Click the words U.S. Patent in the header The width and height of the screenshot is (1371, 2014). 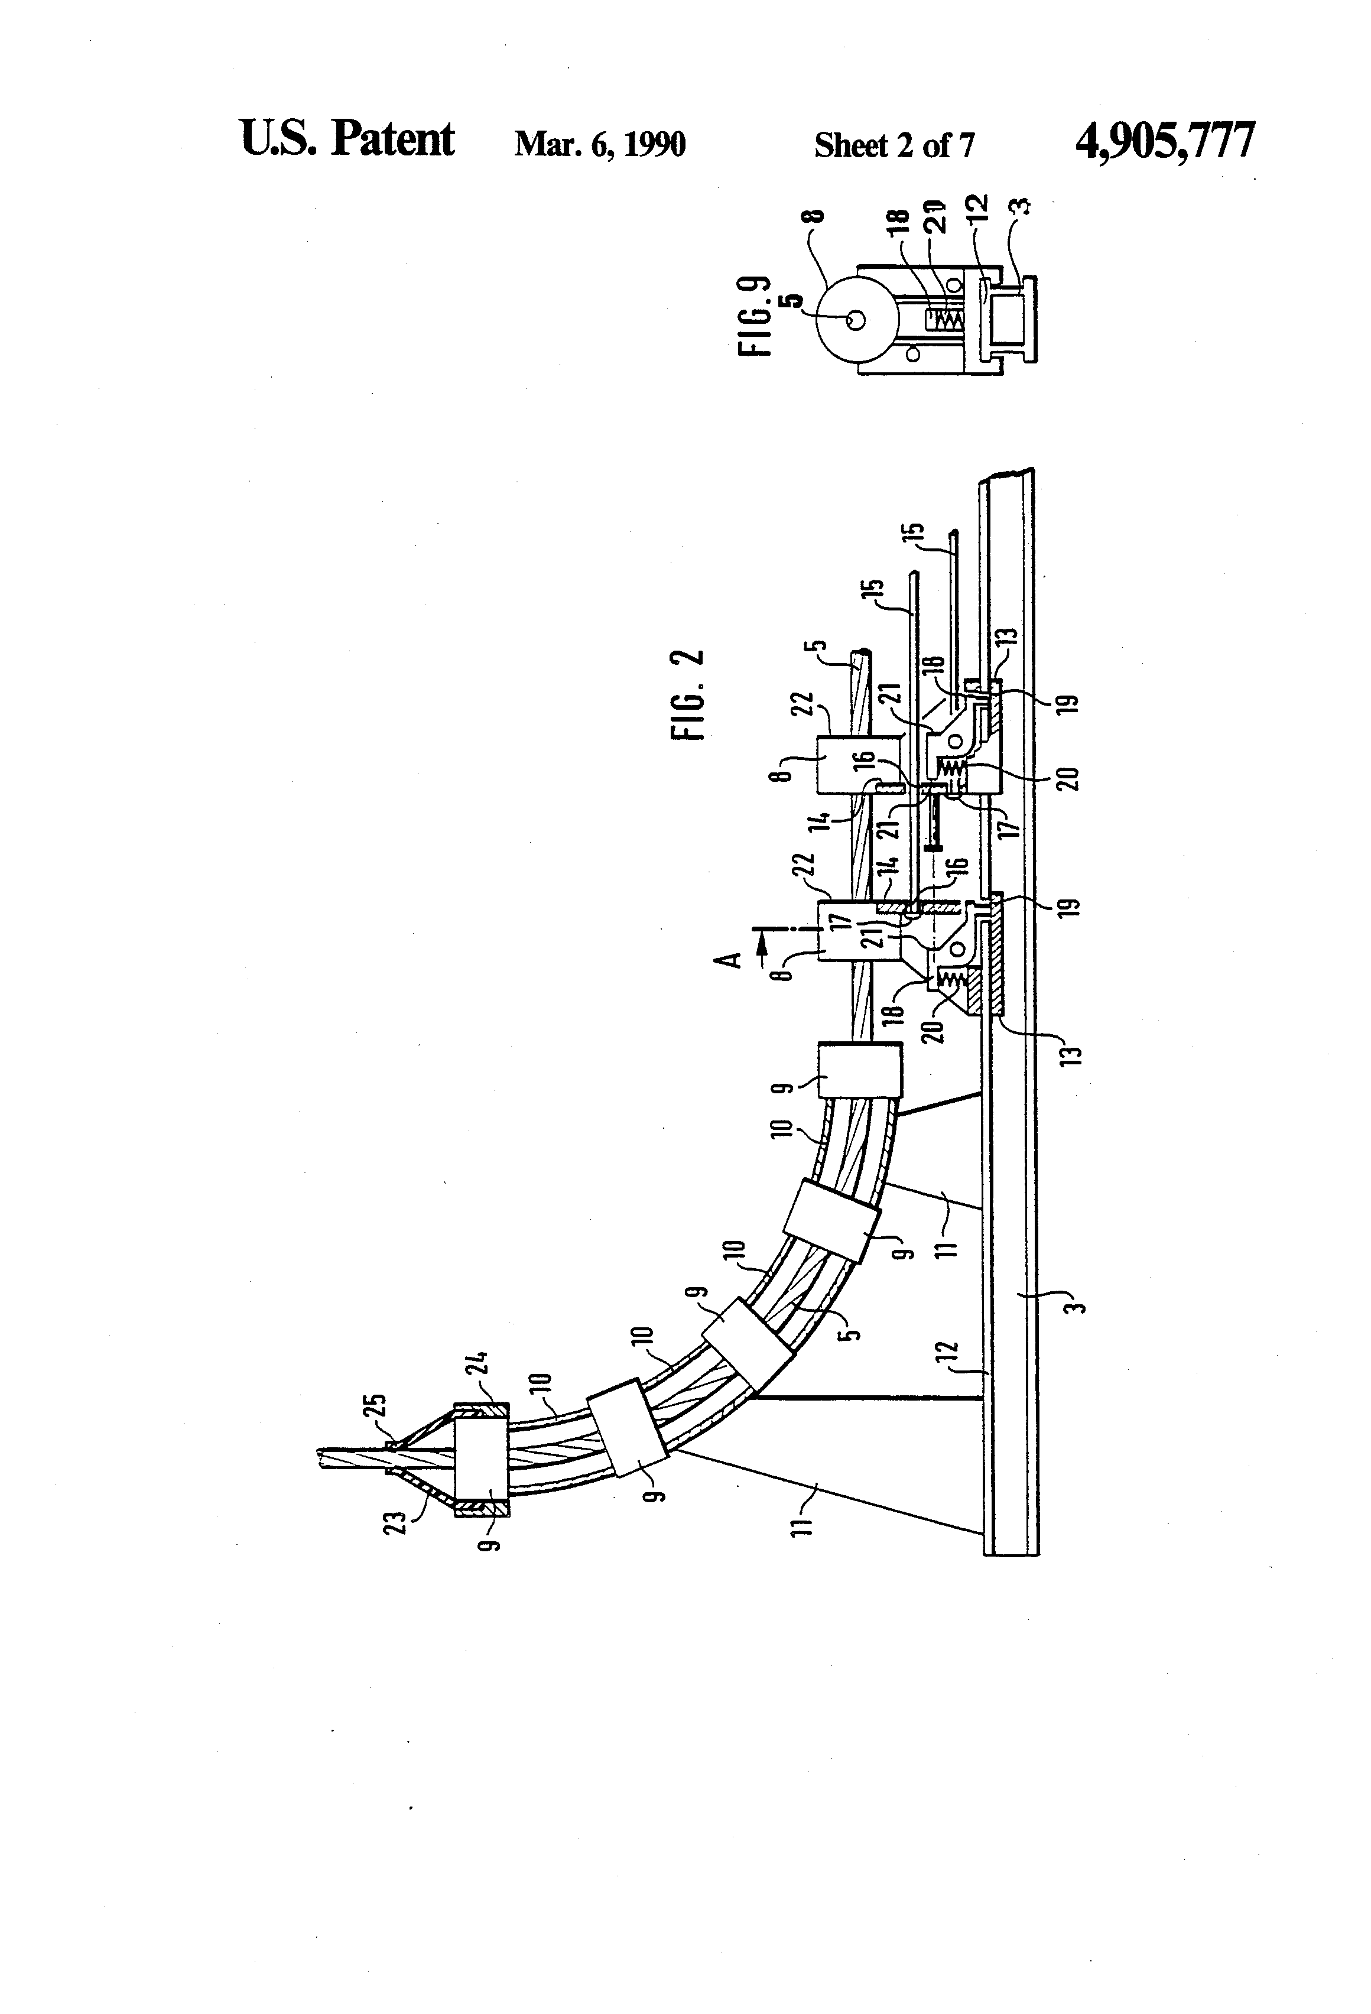click(x=347, y=139)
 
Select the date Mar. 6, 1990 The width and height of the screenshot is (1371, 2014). click(x=600, y=144)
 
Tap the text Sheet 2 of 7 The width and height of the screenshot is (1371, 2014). click(x=894, y=145)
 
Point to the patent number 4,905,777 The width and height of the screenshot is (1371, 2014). click(x=1164, y=141)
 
